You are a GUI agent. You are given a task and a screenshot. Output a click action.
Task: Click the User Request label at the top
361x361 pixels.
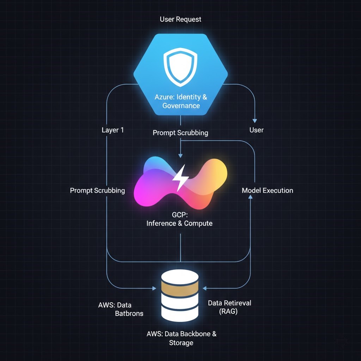point(180,19)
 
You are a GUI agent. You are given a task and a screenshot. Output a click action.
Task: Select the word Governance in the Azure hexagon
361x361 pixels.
point(181,105)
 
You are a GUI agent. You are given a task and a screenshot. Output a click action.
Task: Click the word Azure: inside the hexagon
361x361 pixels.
point(165,97)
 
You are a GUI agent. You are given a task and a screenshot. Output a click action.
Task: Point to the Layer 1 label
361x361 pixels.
point(112,130)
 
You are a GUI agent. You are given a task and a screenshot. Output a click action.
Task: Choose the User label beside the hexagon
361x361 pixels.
point(256,130)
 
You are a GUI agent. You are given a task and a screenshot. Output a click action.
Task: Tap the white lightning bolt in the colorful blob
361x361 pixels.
point(180,178)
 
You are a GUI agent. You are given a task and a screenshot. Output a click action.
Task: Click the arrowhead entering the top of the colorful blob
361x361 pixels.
point(180,155)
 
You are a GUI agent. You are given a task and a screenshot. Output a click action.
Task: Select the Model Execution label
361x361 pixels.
point(267,190)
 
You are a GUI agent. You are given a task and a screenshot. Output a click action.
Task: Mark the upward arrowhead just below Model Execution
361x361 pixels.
point(250,198)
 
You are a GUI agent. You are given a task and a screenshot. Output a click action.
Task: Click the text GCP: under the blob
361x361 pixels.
point(180,215)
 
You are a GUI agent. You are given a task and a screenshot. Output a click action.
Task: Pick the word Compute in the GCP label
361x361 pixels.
point(198,223)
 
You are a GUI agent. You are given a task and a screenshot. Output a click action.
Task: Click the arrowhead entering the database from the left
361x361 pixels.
point(154,288)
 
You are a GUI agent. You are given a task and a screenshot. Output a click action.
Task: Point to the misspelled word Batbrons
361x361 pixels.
point(129,313)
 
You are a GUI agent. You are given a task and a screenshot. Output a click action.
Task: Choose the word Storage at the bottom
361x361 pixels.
point(181,343)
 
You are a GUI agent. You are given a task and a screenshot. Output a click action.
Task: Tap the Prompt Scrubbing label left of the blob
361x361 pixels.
point(97,190)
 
